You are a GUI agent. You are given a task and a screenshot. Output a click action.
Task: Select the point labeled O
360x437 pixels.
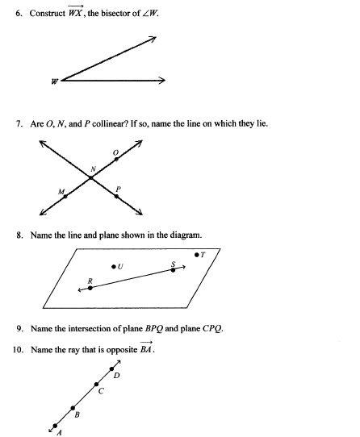point(115,160)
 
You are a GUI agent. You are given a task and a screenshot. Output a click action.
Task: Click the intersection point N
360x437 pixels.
point(91,177)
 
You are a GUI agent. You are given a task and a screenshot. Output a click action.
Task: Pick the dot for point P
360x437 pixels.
point(115,194)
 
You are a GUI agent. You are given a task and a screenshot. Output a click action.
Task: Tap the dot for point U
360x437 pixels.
point(113,265)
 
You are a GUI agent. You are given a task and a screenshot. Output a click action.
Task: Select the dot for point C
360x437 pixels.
point(97,385)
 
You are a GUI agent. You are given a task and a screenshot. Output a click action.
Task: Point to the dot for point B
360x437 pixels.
point(73,408)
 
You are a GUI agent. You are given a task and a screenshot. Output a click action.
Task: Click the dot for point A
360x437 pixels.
point(55,425)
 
